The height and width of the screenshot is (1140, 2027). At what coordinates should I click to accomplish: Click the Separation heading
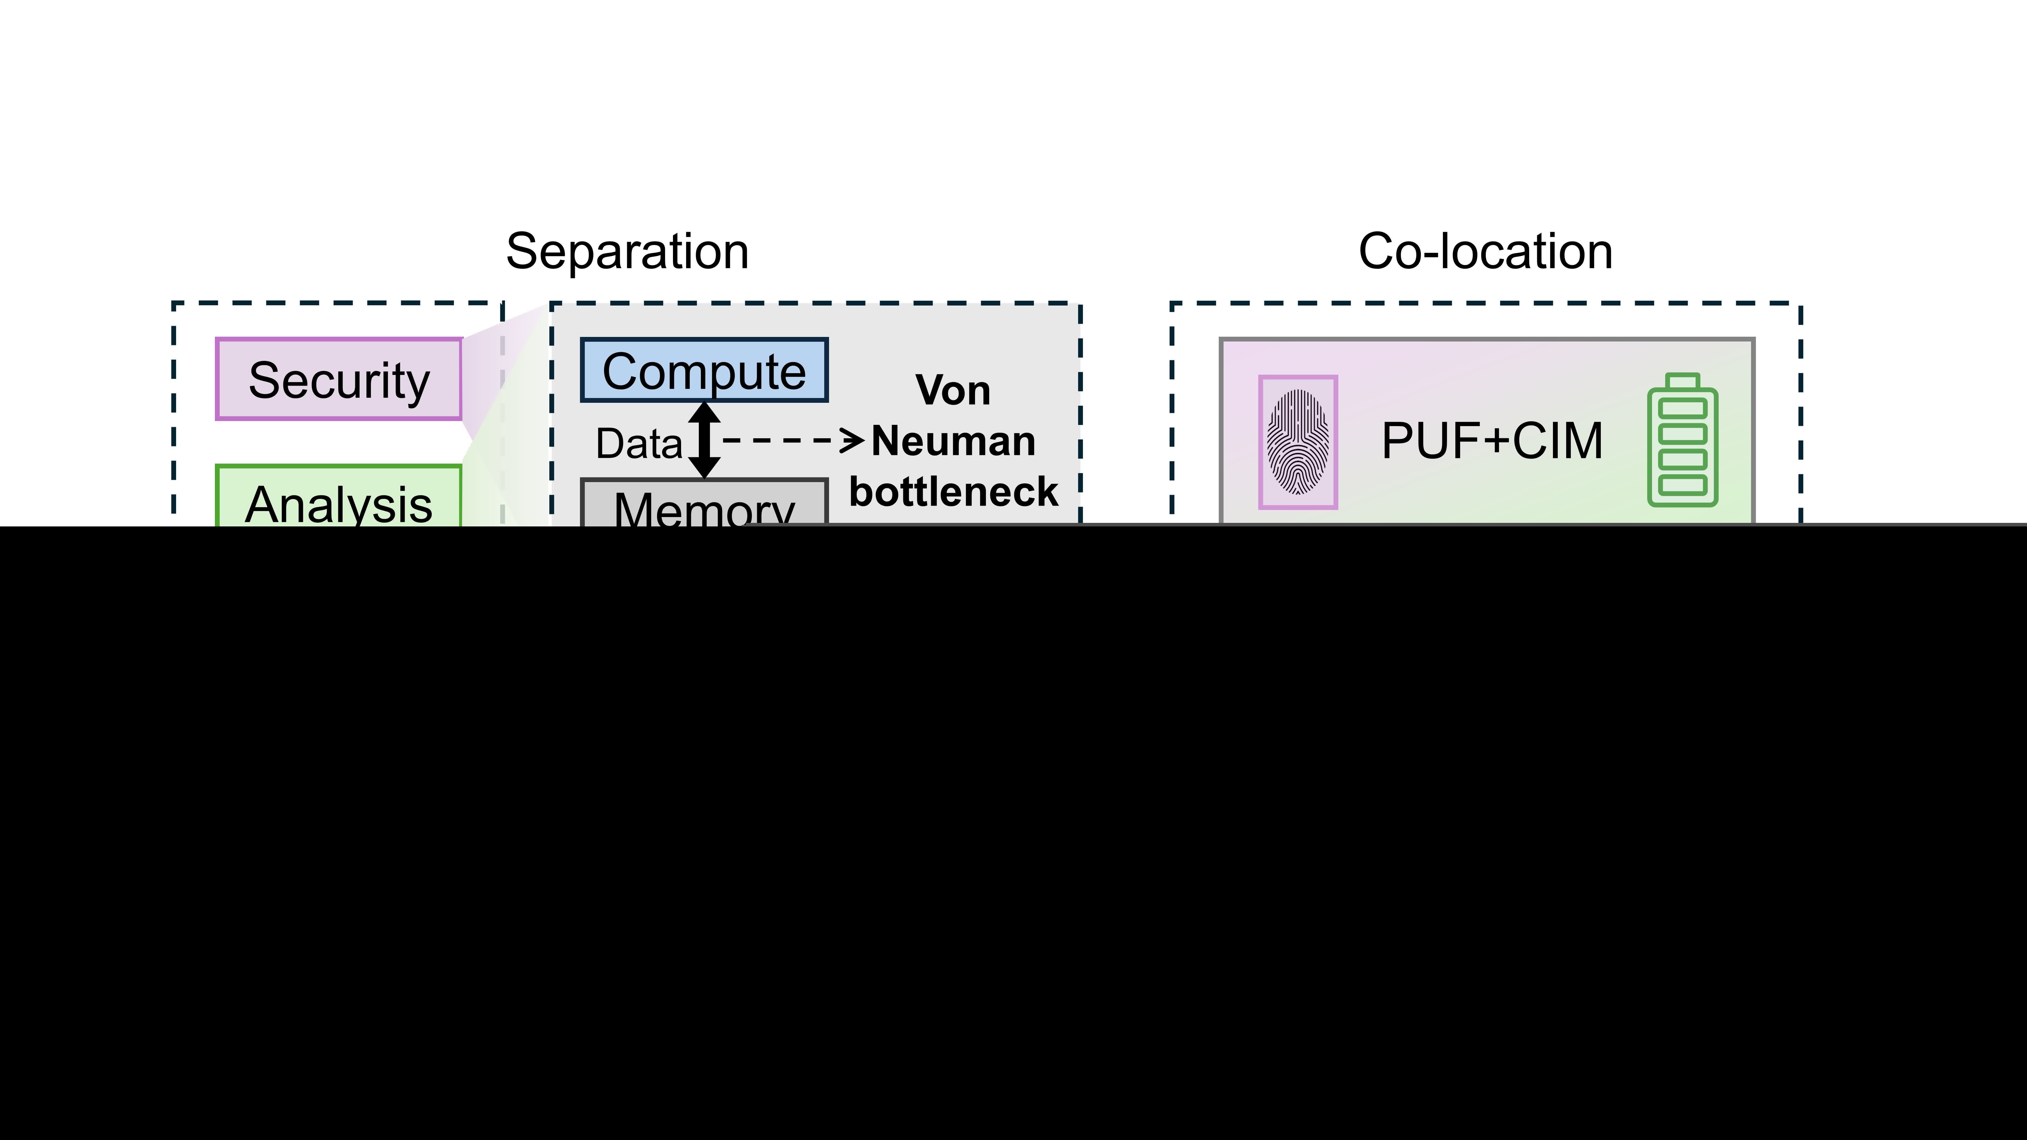point(627,252)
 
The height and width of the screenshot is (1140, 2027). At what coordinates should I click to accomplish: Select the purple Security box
point(338,379)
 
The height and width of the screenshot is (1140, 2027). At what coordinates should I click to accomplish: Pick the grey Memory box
point(704,504)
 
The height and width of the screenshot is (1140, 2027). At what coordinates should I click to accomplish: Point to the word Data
point(638,444)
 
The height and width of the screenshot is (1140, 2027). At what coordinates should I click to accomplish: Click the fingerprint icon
point(1298,442)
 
